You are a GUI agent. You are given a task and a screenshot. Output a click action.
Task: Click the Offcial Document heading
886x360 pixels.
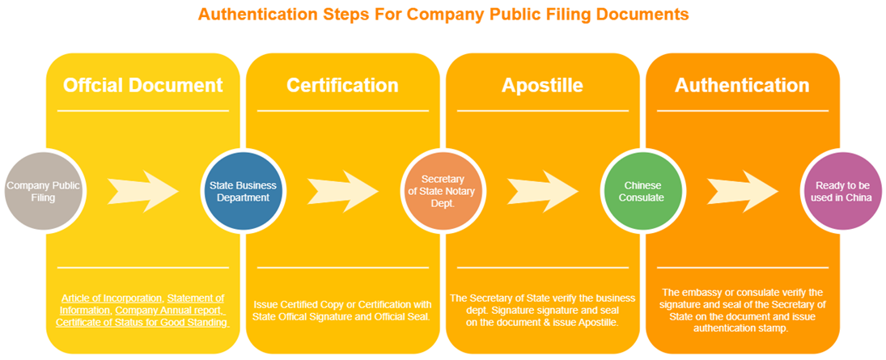[143, 85]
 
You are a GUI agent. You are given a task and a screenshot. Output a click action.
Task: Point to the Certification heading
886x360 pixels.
[342, 85]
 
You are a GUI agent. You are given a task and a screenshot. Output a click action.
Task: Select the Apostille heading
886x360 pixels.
[542, 85]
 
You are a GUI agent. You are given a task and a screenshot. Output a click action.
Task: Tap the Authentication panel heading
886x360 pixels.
[742, 85]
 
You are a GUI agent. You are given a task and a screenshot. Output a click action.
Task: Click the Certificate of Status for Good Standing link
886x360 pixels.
[142, 323]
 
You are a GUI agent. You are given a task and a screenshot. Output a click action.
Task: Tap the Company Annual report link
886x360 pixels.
[169, 311]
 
